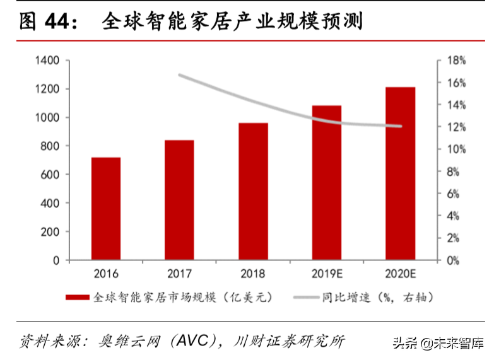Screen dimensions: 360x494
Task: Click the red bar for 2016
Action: [106, 208]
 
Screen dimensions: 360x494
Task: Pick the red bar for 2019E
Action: [326, 182]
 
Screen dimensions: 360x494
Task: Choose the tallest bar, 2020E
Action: [401, 173]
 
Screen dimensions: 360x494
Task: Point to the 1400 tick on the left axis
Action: [47, 61]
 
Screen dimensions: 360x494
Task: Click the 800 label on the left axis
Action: [50, 146]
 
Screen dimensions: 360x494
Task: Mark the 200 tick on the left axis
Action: [50, 231]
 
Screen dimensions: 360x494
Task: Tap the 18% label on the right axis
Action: [456, 61]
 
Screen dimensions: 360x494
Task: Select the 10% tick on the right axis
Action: [456, 149]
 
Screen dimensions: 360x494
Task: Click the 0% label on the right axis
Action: [454, 260]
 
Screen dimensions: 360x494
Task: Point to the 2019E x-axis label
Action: [326, 274]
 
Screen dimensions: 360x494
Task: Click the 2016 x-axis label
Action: [105, 274]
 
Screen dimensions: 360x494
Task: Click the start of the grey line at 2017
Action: [180, 75]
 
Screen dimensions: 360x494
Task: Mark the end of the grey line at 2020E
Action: [401, 126]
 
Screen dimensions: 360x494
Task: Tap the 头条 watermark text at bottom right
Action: [404, 344]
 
